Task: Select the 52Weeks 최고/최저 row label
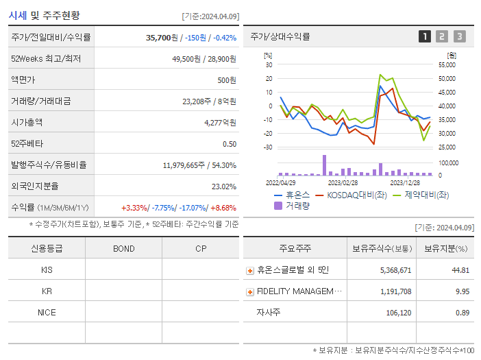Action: click(46, 59)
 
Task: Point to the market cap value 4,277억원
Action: click(220, 123)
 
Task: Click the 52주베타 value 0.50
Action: click(230, 144)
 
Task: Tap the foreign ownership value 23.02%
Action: click(224, 187)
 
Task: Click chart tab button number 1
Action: click(425, 37)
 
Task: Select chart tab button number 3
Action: click(459, 37)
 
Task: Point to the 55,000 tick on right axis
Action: click(446, 64)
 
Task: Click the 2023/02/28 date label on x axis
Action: click(343, 183)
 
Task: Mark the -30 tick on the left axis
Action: click(268, 147)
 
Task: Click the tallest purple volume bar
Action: click(324, 165)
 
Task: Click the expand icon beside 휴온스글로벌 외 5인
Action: click(250, 270)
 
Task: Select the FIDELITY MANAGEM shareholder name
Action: click(299, 291)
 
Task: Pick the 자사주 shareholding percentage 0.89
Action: click(462, 313)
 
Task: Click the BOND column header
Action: click(124, 248)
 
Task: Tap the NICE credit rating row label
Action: click(47, 313)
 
